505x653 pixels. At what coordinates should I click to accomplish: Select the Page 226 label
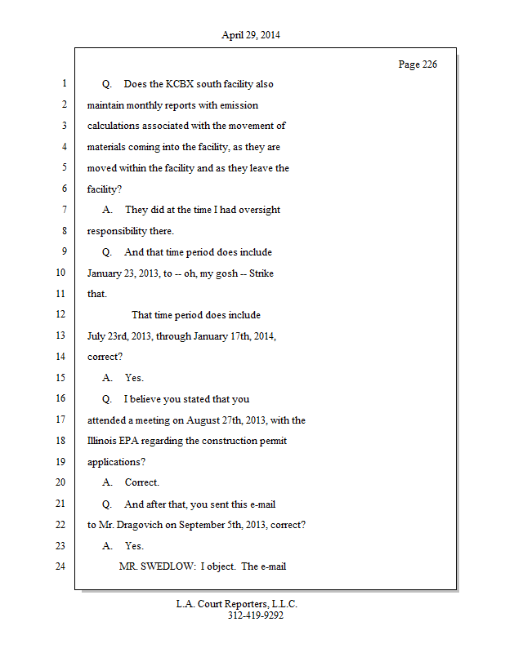tap(418, 64)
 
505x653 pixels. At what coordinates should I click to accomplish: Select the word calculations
tap(114, 126)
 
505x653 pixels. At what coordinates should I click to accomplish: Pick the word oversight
tap(257, 210)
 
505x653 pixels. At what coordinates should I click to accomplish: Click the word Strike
tap(263, 273)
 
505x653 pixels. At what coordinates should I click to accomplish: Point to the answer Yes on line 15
tap(134, 378)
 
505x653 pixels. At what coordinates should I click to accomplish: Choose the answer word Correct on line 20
tap(142, 482)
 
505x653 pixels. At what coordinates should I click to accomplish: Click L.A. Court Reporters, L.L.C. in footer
tap(236, 604)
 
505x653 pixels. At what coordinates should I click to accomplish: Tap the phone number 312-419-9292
tap(256, 615)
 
